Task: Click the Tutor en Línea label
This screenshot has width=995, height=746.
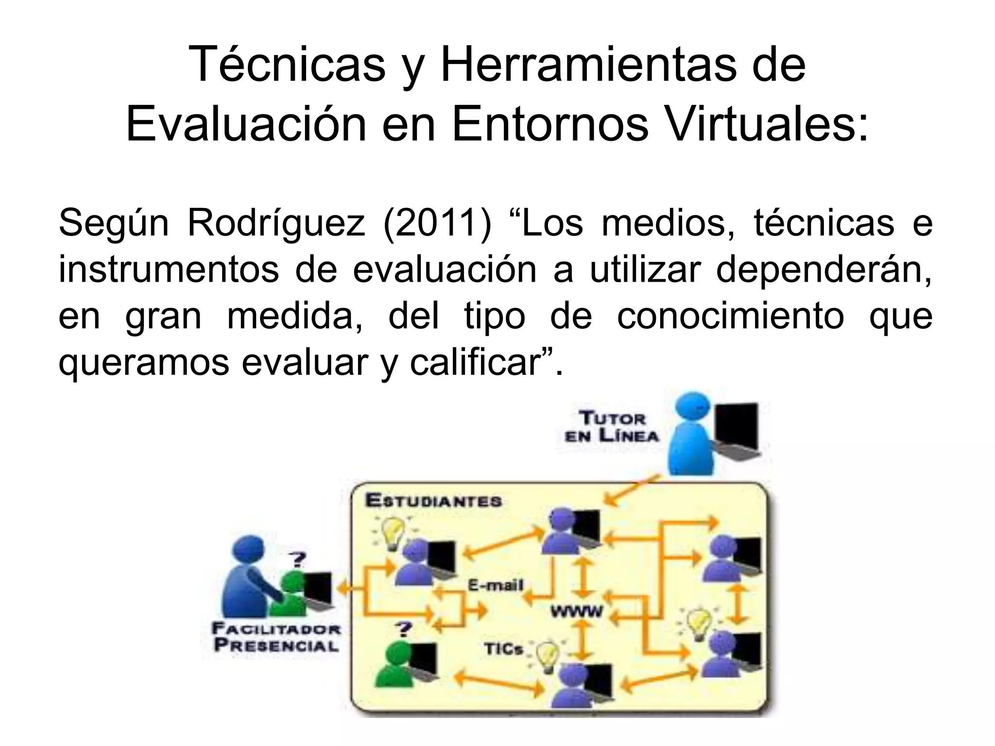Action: pyautogui.click(x=612, y=426)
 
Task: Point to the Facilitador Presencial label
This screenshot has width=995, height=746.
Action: pyautogui.click(x=276, y=637)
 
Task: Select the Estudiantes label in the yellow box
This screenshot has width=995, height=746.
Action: pyautogui.click(x=433, y=501)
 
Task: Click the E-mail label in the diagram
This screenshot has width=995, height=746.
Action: pyautogui.click(x=495, y=585)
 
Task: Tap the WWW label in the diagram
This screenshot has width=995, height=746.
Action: pyautogui.click(x=576, y=611)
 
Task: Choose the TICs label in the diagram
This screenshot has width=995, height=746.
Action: pyautogui.click(x=503, y=649)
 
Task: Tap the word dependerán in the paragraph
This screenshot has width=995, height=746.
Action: pyautogui.click(x=824, y=270)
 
